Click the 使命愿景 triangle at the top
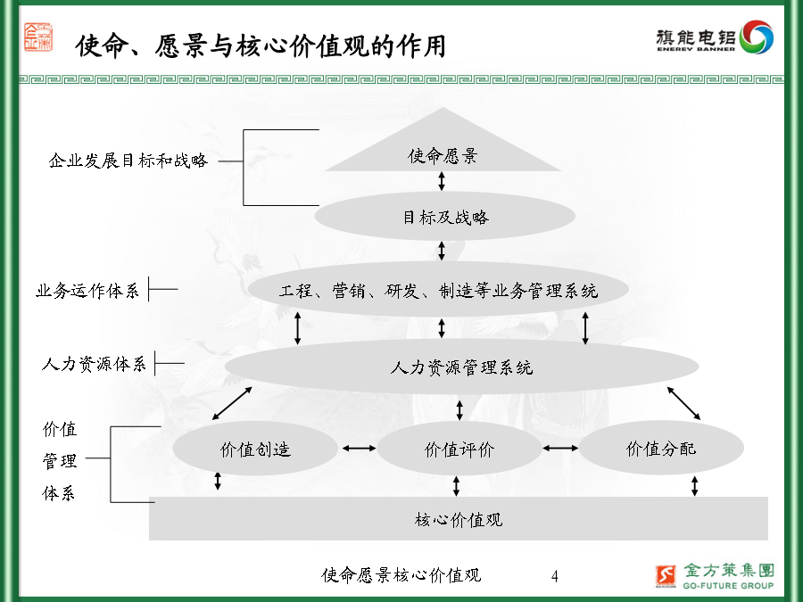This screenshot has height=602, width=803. [x=443, y=148]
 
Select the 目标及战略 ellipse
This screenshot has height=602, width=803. [x=444, y=216]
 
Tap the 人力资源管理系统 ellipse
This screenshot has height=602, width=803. [x=461, y=367]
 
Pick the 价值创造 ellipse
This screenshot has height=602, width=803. [x=255, y=449]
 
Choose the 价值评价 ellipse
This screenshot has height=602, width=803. [x=459, y=449]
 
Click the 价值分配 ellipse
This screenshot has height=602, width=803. [x=661, y=448]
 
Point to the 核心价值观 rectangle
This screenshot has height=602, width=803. [x=459, y=518]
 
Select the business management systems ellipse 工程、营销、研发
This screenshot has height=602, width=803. [x=438, y=289]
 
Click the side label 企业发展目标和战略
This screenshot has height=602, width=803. [x=128, y=161]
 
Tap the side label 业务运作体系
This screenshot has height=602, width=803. [x=87, y=290]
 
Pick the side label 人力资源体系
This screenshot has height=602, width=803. [x=94, y=364]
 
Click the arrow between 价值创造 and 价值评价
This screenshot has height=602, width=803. [x=359, y=449]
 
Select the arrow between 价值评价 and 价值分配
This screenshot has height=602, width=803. [x=560, y=448]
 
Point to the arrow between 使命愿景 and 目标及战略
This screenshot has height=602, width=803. [x=442, y=181]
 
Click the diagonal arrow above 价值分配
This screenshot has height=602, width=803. [x=683, y=403]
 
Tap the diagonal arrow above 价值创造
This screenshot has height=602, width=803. [x=232, y=403]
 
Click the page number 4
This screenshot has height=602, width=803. [x=555, y=576]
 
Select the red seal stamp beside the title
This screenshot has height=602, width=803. [x=38, y=37]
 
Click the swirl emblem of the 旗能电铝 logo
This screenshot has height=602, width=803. [x=757, y=37]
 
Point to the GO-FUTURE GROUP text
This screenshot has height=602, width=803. [x=728, y=585]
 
